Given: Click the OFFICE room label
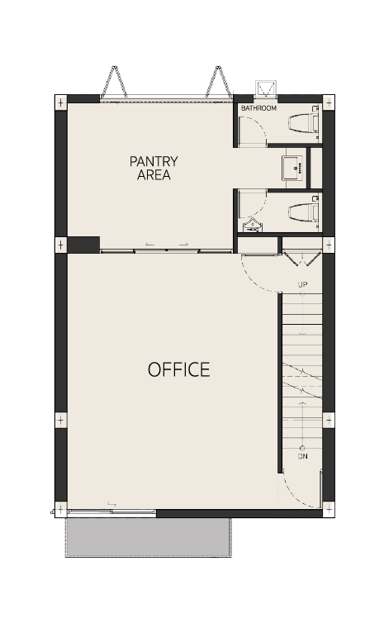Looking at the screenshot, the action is [178, 369].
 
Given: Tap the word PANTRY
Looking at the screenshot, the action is [154, 161].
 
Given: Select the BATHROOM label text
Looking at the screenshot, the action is [258, 108].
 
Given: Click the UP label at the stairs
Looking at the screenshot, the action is [302, 284].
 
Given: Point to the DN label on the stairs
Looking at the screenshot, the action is [302, 456].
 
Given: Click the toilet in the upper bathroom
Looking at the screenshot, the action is [304, 123].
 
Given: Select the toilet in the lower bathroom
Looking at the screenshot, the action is [304, 212].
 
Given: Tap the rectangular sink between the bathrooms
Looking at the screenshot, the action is [294, 169].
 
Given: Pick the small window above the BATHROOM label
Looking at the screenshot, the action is [266, 89].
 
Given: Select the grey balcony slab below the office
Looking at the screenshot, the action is [149, 537].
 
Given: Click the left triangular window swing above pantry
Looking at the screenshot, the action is [115, 82].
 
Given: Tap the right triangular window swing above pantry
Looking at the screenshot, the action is [219, 82].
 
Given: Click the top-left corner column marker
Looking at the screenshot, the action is [61, 102].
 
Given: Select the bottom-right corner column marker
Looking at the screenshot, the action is [329, 510].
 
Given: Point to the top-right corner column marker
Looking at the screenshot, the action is [329, 102].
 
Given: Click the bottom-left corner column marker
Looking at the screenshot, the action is [61, 510].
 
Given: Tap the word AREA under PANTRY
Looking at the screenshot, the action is [154, 175].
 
